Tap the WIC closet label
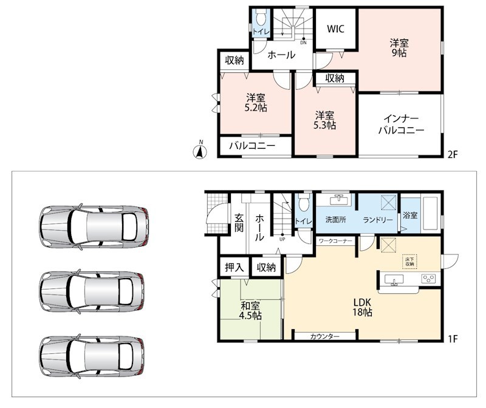pyautogui.click(x=335, y=29)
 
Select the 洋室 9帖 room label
pyautogui.click(x=399, y=47)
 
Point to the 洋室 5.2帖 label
pyautogui.click(x=256, y=103)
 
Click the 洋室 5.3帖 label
pyautogui.click(x=324, y=120)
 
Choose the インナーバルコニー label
pyautogui.click(x=401, y=124)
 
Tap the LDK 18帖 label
pyautogui.click(x=361, y=307)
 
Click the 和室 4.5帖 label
pyautogui.click(x=250, y=310)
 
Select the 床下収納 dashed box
pyautogui.click(x=409, y=262)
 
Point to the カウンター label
pyautogui.click(x=324, y=336)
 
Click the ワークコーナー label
pyautogui.click(x=335, y=240)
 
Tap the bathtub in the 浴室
pyautogui.click(x=430, y=213)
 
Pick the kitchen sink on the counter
pyautogui.click(x=394, y=279)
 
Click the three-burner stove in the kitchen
pyautogui.click(x=429, y=279)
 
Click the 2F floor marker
pyautogui.click(x=453, y=154)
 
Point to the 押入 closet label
pyautogui.click(x=234, y=267)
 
